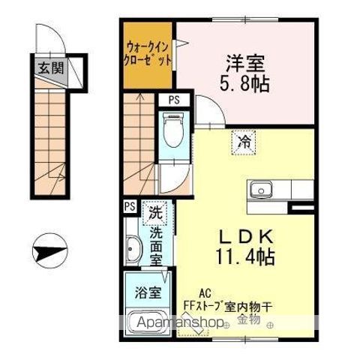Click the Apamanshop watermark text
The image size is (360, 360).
[178, 324]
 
